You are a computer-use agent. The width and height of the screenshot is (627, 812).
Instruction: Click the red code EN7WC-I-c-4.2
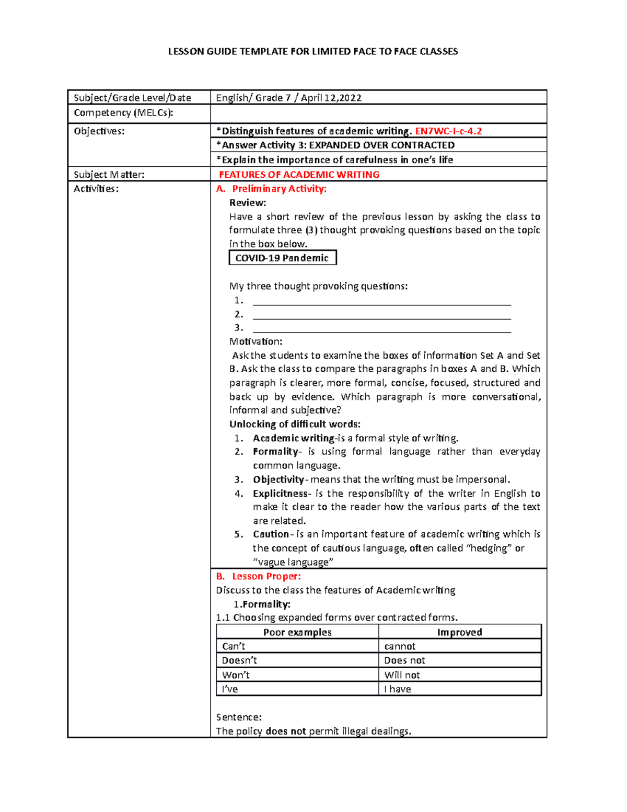[x=448, y=131]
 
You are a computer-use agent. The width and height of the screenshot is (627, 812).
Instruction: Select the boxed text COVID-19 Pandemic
[x=282, y=258]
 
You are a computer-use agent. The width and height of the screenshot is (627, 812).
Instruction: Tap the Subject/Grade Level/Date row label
[x=132, y=98]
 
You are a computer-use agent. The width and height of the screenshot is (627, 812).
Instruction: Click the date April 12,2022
[x=331, y=98]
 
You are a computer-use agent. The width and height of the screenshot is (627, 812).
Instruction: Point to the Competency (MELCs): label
[x=123, y=113]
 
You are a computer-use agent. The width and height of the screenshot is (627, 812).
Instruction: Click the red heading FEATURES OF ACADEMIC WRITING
[x=299, y=175]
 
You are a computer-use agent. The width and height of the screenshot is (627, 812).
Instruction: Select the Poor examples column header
[x=297, y=632]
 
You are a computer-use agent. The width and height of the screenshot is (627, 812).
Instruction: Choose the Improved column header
[x=459, y=632]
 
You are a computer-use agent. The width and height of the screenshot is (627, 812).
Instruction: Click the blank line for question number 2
[x=381, y=315]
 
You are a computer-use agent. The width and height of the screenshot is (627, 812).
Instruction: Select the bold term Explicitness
[x=281, y=494]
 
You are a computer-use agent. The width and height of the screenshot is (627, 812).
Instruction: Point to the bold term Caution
[x=271, y=534]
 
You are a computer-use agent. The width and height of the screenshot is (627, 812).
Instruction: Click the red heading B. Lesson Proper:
[x=259, y=576]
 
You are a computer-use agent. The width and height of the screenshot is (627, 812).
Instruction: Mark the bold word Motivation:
[x=256, y=341]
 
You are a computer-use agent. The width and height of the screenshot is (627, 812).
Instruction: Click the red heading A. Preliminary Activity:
[x=271, y=189]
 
